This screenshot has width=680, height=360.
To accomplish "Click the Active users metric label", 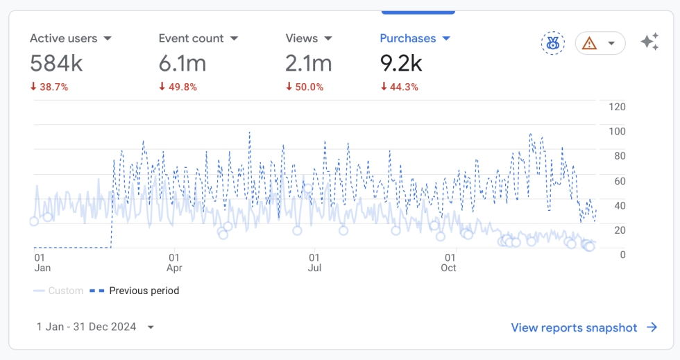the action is tap(63, 38).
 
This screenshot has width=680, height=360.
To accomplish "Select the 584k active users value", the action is tap(56, 63).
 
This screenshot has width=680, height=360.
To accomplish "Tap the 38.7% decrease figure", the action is tap(49, 87).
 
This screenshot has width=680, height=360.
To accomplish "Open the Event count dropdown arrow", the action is tap(235, 39).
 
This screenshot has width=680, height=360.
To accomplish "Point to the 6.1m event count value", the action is tap(182, 63).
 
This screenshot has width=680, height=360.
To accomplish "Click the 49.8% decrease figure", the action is tap(178, 87).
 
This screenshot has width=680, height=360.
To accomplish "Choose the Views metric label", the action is tap(301, 38).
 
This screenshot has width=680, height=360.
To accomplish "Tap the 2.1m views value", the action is tap(308, 63).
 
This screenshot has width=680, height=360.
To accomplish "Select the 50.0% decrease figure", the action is tap(305, 87).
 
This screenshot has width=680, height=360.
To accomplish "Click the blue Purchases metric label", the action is tap(408, 38).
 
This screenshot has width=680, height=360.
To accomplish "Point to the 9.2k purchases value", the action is tap(401, 63).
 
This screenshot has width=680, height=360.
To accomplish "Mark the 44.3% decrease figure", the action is tap(400, 87).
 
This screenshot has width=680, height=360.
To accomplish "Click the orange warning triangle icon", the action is tap(589, 44).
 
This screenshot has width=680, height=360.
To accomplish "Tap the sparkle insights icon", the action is tap(649, 42).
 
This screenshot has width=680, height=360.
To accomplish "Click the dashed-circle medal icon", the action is tap(553, 43).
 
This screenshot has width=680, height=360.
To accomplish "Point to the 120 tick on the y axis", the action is tap(617, 107).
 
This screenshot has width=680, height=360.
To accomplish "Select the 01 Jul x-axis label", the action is tap(314, 263).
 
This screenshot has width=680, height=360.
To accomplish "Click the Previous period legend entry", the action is tap(135, 291).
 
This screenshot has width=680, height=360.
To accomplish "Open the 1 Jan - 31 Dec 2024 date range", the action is tap(95, 327).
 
